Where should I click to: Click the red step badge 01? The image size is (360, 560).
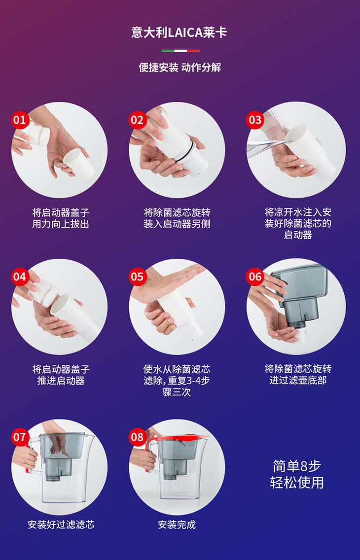(x=20, y=120)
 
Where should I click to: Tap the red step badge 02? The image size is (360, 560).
(x=138, y=120)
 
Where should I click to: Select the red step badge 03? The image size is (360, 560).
(x=255, y=120)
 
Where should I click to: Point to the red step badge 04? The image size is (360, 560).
(x=20, y=277)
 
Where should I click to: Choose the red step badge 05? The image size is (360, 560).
(x=138, y=277)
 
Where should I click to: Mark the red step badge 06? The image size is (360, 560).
(x=255, y=277)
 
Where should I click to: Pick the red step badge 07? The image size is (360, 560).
(x=20, y=437)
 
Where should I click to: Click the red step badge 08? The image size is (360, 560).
(x=138, y=437)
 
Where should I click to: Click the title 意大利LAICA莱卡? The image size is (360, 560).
(x=180, y=33)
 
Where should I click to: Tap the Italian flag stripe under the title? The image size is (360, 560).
(x=180, y=51)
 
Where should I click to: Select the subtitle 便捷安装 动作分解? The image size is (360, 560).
(x=180, y=67)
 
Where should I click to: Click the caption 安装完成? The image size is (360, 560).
(x=177, y=525)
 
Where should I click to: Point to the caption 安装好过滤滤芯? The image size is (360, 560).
(x=61, y=525)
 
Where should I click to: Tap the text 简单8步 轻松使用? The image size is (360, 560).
(x=297, y=474)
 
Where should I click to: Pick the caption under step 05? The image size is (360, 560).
(x=177, y=381)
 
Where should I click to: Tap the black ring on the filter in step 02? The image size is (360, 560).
(x=187, y=150)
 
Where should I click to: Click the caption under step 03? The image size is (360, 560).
(x=298, y=224)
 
